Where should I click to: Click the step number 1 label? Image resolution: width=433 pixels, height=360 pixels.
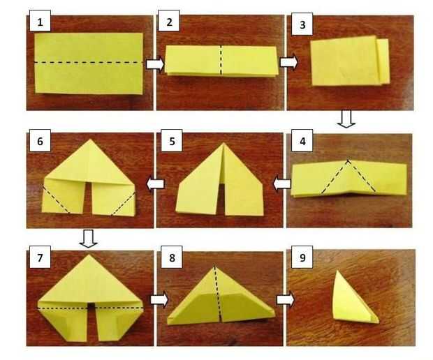pos(40,21)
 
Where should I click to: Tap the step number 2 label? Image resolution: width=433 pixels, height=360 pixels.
pos(169,21)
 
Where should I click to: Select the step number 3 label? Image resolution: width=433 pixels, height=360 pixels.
pos(302,24)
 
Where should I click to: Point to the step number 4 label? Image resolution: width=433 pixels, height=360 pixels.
pos(302,140)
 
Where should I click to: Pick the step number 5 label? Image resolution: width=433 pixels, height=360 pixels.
pos(172,140)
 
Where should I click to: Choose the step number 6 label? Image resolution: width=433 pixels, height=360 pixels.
pos(40,140)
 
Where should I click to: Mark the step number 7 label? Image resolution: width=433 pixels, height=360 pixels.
pos(40,257)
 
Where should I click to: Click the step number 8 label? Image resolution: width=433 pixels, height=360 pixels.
pos(172,257)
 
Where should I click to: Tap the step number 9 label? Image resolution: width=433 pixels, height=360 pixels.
pos(302,257)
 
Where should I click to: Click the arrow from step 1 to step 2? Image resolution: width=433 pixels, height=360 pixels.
pos(155,64)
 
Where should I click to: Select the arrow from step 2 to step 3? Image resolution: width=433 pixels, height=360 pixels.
pos(289,62)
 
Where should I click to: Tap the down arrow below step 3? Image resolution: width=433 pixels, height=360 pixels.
pos(346,119)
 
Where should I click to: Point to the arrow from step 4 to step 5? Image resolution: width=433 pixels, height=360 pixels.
pos(281,183)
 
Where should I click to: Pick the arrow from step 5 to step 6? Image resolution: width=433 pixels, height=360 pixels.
pos(155,183)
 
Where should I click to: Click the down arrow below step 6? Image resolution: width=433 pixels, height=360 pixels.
pos(88,239)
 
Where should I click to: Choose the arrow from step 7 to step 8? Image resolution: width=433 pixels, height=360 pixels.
pos(159,299)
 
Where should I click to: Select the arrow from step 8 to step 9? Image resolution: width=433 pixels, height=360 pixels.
pos(286,299)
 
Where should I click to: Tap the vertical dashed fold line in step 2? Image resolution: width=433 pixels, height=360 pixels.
pos(221,60)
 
